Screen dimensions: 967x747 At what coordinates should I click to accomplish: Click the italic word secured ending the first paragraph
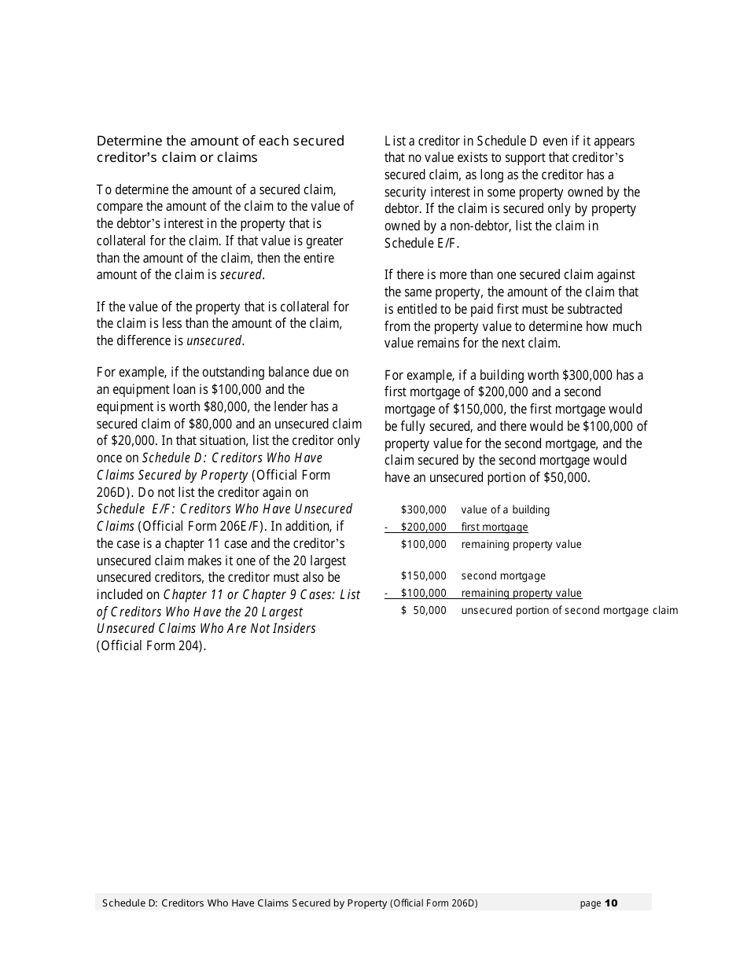(x=241, y=274)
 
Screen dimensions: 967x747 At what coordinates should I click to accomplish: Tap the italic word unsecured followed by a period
(x=214, y=340)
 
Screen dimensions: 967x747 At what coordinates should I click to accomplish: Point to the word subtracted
(x=594, y=309)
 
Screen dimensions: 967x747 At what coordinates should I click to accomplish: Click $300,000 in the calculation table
(x=423, y=509)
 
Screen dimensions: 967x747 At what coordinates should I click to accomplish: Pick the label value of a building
(x=505, y=509)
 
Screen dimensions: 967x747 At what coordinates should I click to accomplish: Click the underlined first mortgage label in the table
(x=495, y=527)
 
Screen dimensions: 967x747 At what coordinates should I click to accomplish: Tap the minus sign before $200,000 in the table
(x=386, y=527)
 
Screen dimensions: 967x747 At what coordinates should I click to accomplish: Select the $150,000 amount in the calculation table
(x=423, y=575)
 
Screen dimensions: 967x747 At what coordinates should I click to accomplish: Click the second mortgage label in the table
(x=502, y=575)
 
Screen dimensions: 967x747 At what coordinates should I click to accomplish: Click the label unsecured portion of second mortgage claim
(x=569, y=610)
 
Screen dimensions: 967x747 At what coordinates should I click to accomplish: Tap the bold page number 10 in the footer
(x=612, y=903)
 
